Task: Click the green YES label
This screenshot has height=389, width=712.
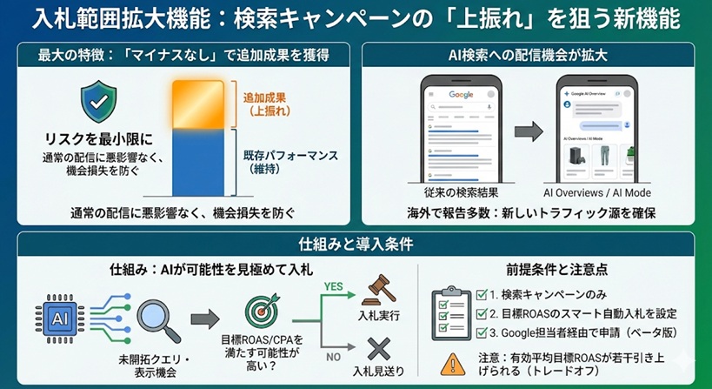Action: [x=333, y=284]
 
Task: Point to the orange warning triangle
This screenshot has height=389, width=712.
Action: [x=454, y=361]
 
